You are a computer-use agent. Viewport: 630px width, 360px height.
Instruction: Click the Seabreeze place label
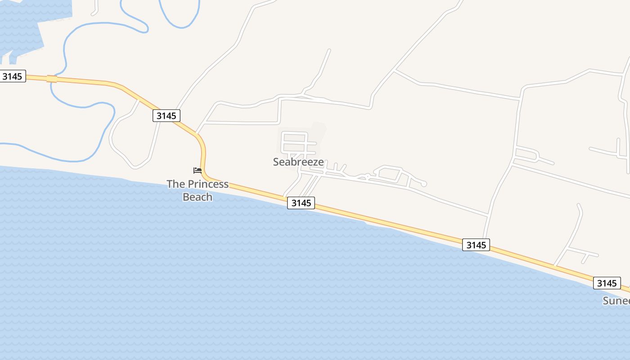click(298, 162)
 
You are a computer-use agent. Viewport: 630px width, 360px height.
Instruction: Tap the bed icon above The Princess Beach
click(198, 171)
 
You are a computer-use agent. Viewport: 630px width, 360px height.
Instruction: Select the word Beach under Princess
click(198, 197)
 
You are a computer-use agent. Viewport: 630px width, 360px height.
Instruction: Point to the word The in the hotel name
click(176, 184)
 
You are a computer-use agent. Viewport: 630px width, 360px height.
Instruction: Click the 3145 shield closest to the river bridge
click(12, 76)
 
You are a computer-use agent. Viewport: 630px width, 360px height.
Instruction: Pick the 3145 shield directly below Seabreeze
click(301, 203)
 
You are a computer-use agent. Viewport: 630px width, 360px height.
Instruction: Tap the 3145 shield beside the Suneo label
click(607, 283)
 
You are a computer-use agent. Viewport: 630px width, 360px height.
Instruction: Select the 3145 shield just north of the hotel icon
click(166, 116)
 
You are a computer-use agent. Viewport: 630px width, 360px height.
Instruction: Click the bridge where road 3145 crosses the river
click(52, 79)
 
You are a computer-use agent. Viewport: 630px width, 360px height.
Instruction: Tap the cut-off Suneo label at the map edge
click(616, 301)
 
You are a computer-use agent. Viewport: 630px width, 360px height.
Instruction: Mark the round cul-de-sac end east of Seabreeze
click(423, 184)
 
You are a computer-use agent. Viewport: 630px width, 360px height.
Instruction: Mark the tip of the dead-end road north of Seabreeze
click(329, 50)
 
